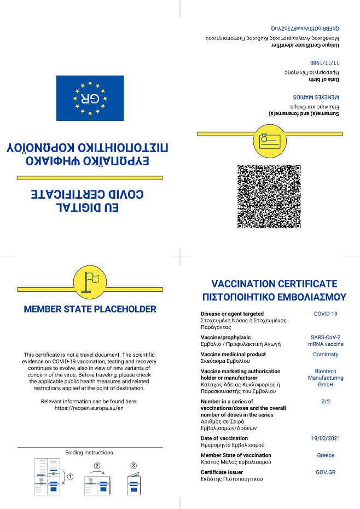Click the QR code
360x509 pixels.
269,196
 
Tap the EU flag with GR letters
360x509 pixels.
90,99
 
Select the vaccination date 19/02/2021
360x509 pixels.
326,438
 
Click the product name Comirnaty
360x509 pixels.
326,355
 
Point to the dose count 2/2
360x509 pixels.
326,401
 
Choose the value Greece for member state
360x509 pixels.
326,455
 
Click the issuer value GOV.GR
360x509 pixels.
326,472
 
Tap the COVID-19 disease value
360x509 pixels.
326,314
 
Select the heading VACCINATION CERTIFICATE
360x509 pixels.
274,284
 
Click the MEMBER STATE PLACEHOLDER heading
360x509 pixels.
90,309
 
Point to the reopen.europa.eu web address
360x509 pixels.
90,408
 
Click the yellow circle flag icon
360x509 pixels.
90,281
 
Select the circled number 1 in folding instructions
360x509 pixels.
70,476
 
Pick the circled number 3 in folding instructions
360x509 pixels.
133,466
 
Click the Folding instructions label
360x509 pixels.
89,453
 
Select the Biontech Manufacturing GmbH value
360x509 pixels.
326,378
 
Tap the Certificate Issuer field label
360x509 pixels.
222,472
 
